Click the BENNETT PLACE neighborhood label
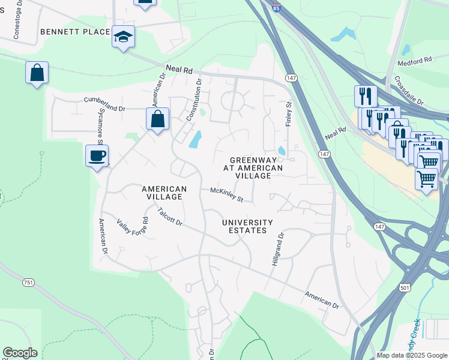75,31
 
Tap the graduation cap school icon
124,37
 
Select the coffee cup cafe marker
97,156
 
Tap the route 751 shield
28,282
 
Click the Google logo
20,353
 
